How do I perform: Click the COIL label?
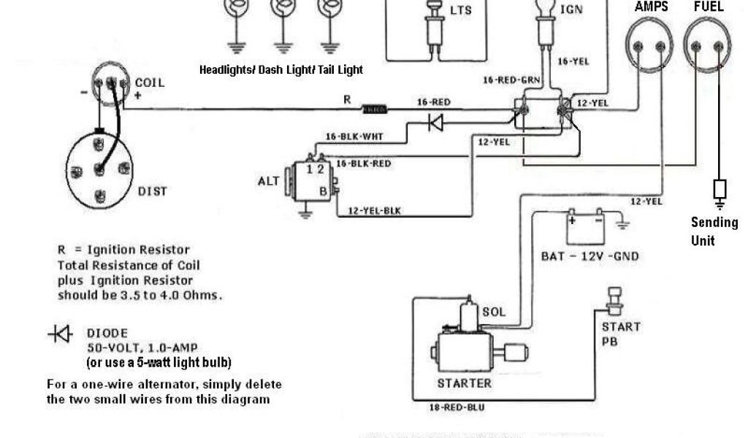149,82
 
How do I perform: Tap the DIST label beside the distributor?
152,191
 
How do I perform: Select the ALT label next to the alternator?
268,181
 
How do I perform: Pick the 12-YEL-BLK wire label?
375,211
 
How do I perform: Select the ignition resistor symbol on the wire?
375,109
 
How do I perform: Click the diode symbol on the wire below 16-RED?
436,123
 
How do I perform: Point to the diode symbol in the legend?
60,334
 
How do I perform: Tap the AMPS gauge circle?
649,45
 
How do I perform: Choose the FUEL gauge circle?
708,45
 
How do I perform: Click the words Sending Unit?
714,231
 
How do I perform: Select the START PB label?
621,334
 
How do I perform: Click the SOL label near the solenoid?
494,312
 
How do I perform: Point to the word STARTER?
464,383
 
